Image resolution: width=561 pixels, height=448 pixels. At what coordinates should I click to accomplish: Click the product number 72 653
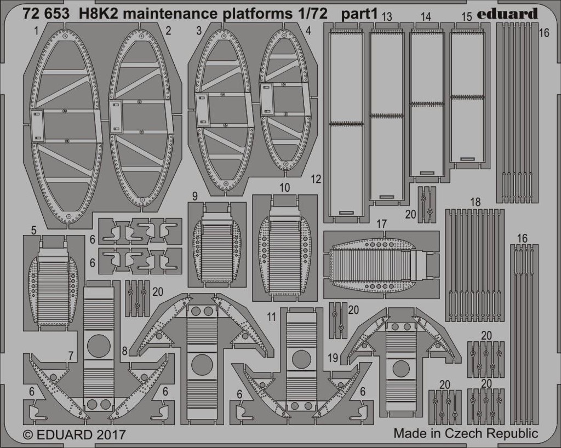(x=45, y=14)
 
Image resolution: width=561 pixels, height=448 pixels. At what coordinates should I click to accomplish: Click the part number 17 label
(x=382, y=224)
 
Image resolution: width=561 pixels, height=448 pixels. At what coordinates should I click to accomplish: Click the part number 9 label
(x=194, y=196)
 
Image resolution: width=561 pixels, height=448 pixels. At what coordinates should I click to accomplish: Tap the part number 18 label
(x=475, y=202)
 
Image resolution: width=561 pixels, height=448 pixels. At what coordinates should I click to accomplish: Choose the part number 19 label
(x=333, y=358)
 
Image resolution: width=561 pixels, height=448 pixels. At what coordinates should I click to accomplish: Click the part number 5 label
(x=33, y=230)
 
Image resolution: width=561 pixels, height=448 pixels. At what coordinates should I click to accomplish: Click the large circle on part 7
(x=99, y=346)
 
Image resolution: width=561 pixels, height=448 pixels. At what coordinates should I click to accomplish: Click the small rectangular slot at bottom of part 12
(x=346, y=212)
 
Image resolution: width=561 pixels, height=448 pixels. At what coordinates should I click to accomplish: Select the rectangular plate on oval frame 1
(x=37, y=126)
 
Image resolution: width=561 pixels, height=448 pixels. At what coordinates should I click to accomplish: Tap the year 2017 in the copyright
(x=111, y=434)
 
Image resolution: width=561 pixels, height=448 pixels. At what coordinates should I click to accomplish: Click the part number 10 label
(x=284, y=188)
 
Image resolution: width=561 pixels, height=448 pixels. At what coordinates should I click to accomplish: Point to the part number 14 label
(x=426, y=17)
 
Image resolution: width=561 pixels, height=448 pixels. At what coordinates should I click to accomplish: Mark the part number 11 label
(x=272, y=317)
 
